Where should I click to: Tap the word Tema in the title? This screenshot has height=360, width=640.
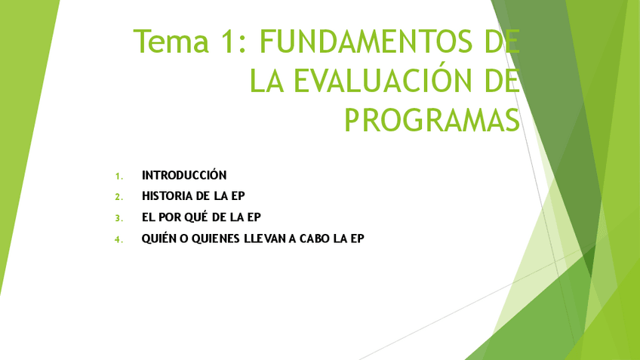tap(171, 42)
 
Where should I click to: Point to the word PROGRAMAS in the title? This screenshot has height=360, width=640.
tap(432, 120)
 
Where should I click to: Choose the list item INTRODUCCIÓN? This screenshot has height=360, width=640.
tap(184, 175)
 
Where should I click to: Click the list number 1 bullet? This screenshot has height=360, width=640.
tap(118, 176)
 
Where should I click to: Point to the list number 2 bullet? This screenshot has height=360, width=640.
tap(118, 197)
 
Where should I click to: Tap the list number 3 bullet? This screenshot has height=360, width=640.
tap(118, 218)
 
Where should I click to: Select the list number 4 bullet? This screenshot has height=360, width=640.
tap(118, 239)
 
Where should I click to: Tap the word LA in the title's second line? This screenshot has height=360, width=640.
tap(266, 82)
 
